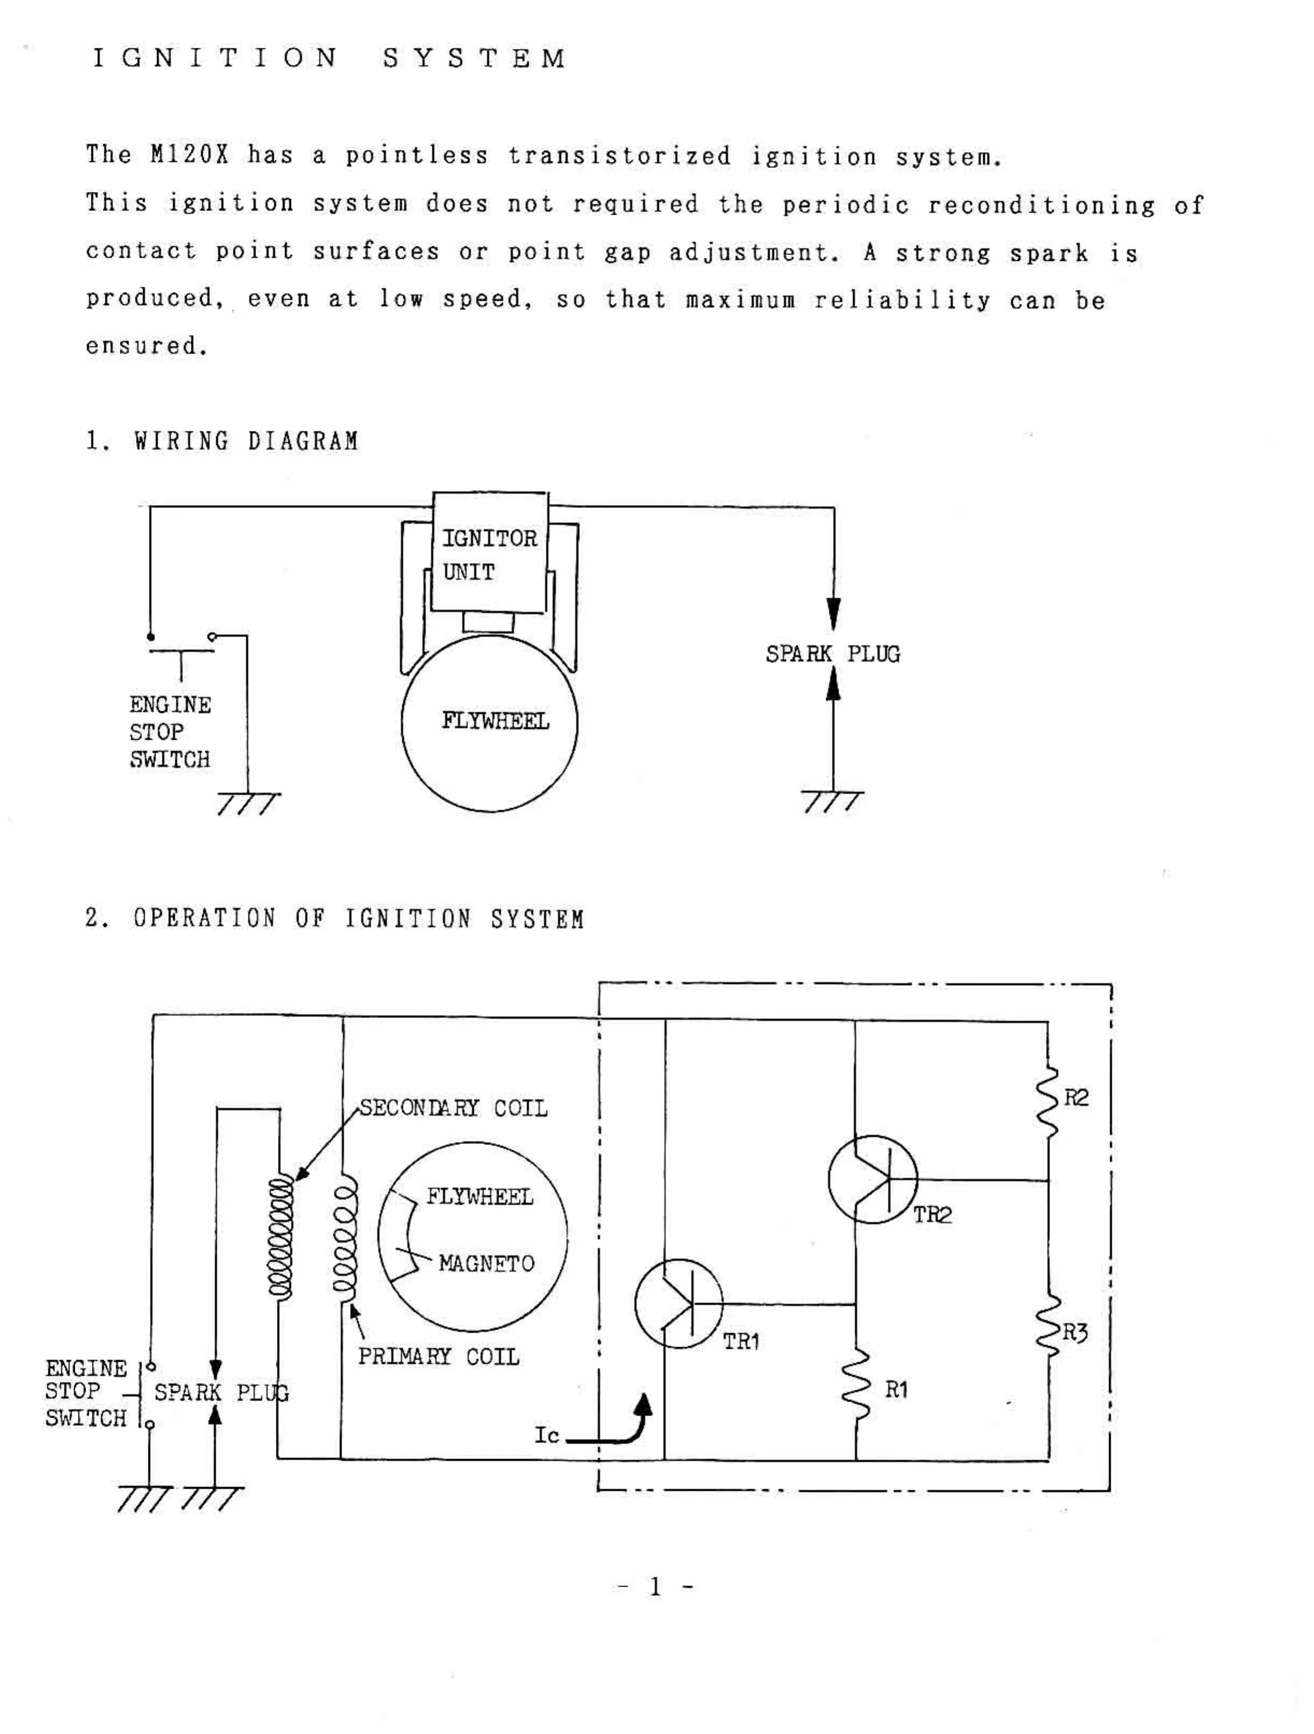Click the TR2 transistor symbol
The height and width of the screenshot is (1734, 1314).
point(872,1178)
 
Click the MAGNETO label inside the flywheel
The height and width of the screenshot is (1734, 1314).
point(486,1263)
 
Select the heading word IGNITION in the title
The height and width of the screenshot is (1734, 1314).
point(216,58)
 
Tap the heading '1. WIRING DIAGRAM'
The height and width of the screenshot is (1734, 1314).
point(222,442)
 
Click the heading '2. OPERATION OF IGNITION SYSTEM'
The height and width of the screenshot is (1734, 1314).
point(334,918)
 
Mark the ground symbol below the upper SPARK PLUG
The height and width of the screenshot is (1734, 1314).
point(832,801)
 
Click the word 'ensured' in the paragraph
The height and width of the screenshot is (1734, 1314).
point(146,346)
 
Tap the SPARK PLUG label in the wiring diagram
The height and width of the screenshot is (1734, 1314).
point(833,654)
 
